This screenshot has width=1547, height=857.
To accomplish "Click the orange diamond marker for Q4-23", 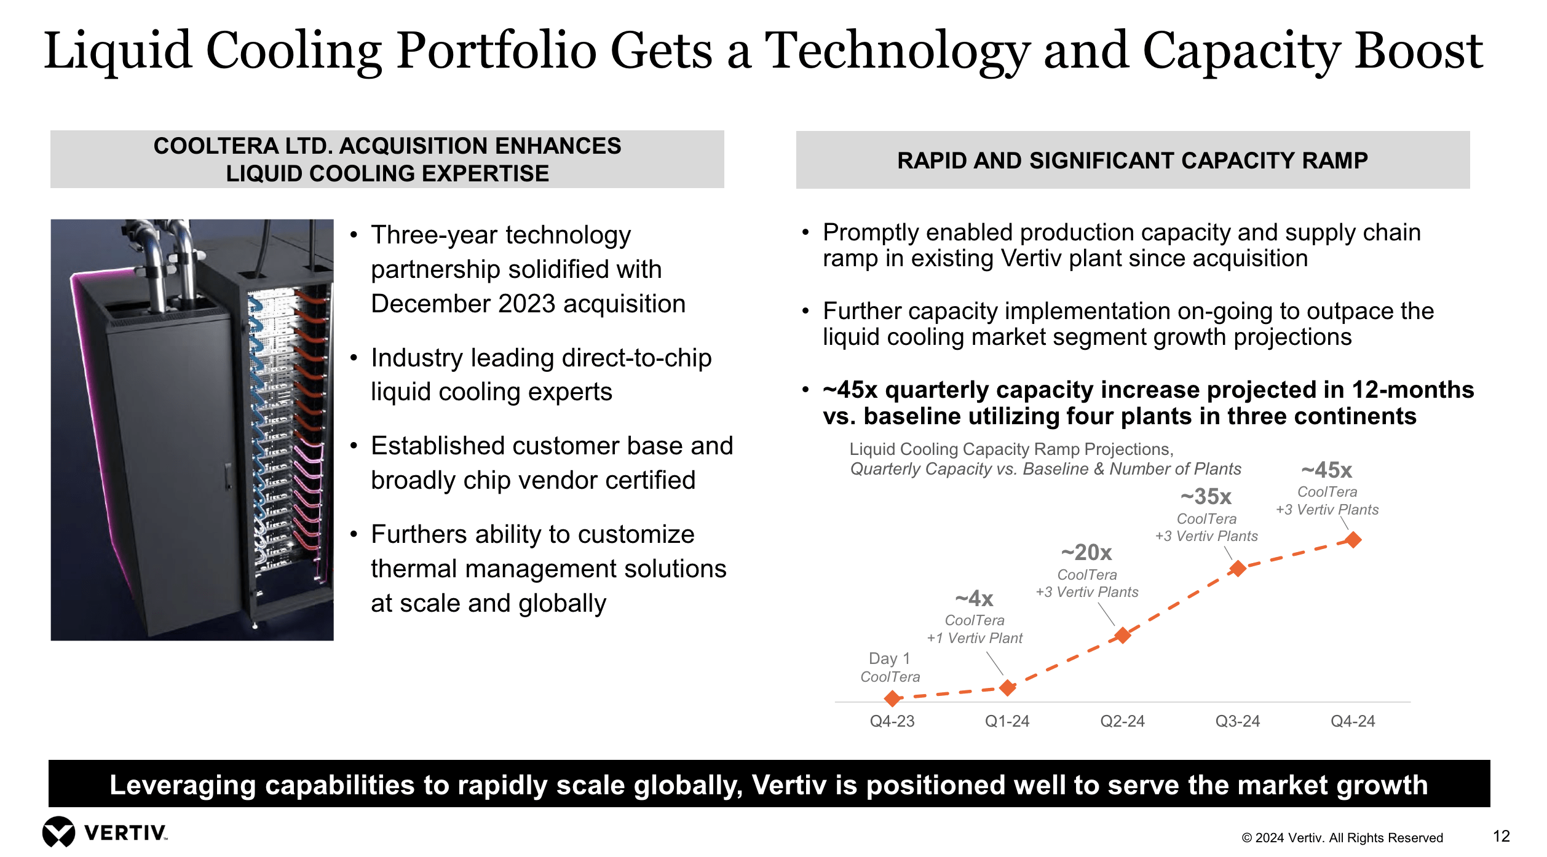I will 892,698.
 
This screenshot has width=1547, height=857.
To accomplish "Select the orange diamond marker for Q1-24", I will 1007,687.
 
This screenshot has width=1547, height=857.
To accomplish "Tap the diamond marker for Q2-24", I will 1123,635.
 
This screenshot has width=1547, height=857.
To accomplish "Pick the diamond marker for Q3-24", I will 1237,569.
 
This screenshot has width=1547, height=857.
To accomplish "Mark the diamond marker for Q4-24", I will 1353,540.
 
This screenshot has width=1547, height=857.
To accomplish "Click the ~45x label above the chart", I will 1327,470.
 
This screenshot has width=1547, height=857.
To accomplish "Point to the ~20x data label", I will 1086,552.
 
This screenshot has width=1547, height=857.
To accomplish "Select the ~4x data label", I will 974,598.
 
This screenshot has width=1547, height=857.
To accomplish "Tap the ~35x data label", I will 1206,496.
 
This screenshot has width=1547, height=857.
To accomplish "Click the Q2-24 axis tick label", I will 1122,721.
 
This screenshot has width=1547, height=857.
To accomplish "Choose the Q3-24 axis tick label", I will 1237,721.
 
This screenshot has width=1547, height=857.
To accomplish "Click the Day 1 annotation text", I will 889,658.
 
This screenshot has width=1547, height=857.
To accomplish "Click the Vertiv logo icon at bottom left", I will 58,832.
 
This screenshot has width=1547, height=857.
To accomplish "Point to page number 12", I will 1501,836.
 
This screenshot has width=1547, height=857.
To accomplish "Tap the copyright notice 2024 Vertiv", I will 1342,838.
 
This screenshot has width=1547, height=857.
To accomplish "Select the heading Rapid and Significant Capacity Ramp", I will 1132,160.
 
